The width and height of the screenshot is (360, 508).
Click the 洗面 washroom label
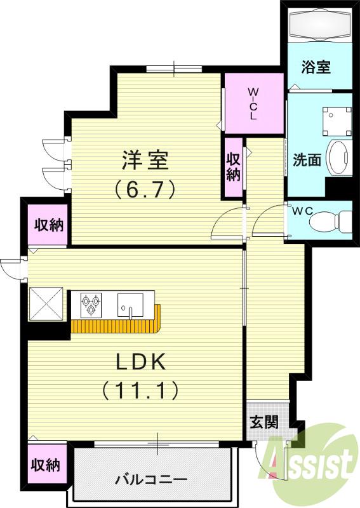click(x=307, y=160)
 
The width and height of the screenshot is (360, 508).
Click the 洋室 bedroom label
click(x=145, y=160)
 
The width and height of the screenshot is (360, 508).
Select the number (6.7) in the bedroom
click(x=145, y=189)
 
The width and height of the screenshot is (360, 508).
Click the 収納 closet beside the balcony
click(x=46, y=465)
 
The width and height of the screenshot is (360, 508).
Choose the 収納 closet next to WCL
click(x=233, y=166)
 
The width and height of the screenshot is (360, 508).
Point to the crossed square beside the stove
click(x=46, y=304)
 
